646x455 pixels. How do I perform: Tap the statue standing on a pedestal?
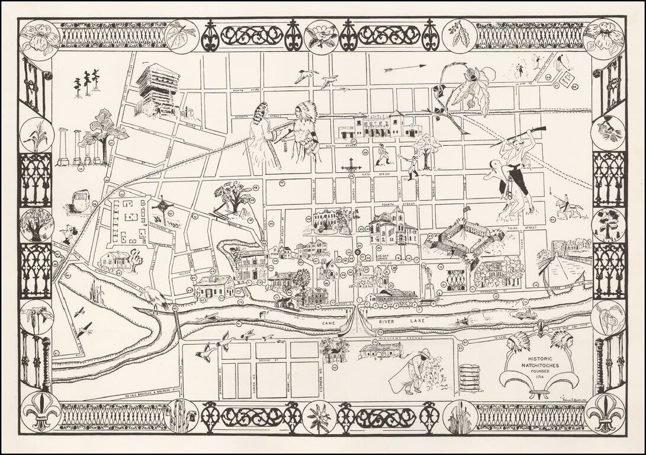[429, 281]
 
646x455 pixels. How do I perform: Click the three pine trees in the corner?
[86, 82]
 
